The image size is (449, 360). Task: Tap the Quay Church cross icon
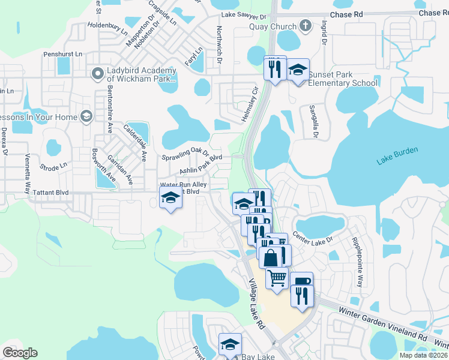[x=306, y=26]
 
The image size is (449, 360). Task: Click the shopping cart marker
[x=277, y=278]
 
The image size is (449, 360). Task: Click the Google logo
[x=20, y=353]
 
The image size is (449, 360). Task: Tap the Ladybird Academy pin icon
[x=97, y=74]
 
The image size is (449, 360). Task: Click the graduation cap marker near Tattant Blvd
[x=170, y=197]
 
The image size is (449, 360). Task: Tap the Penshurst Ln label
[x=62, y=54]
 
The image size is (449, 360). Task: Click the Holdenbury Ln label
[x=108, y=28]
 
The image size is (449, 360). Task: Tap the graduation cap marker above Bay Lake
[x=230, y=344]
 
